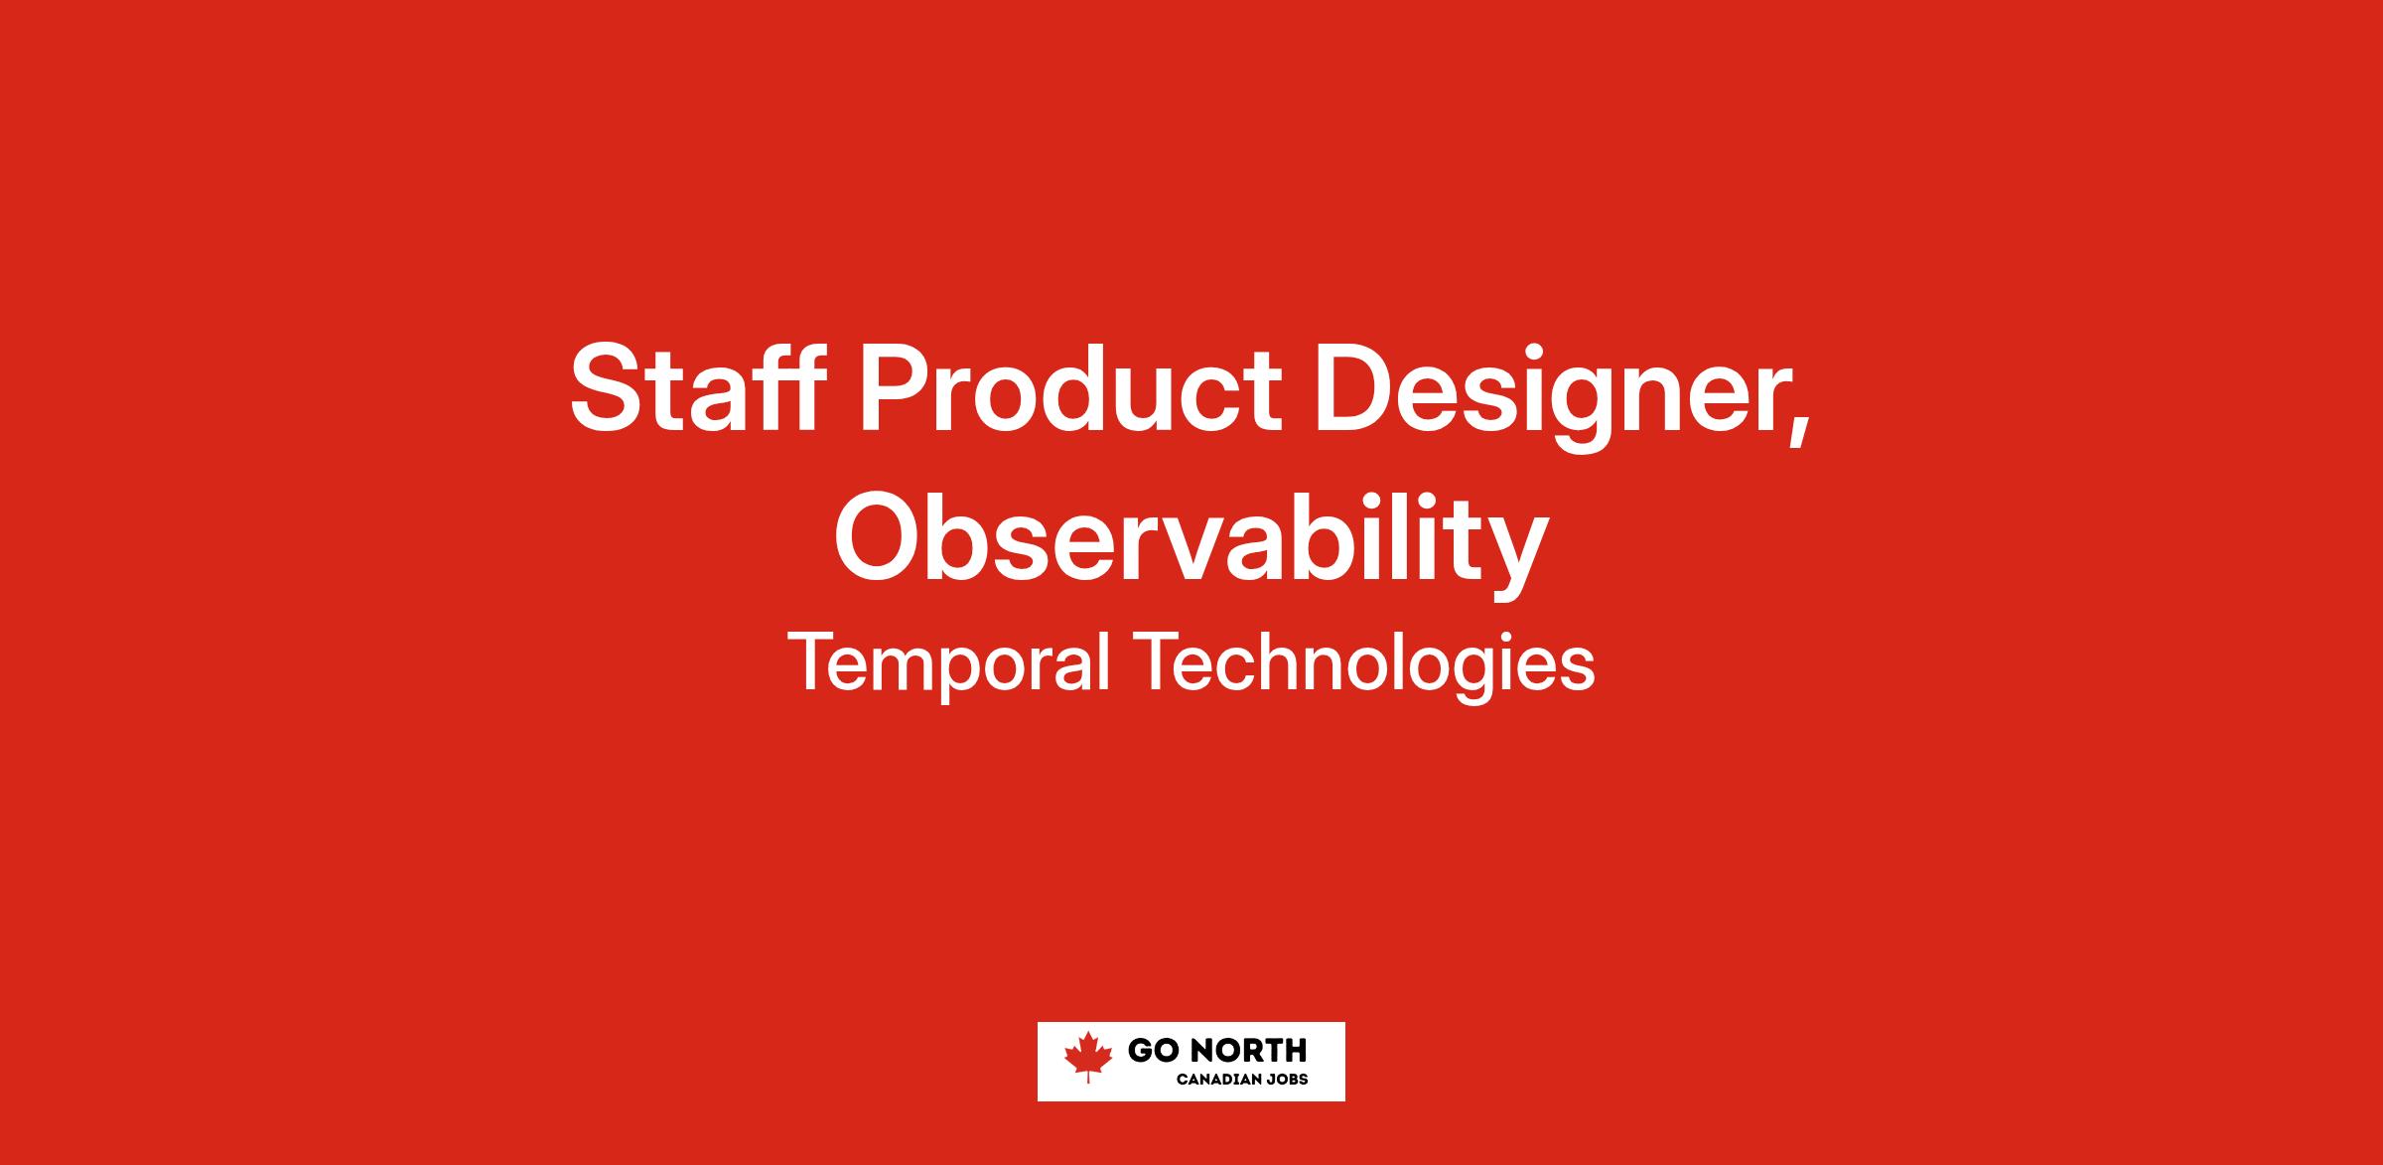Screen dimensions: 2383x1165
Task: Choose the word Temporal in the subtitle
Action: pyautogui.click(x=948, y=662)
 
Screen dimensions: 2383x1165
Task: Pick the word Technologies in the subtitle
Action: pyautogui.click(x=1369, y=664)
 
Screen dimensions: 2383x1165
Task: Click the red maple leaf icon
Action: pyautogui.click(x=1088, y=1057)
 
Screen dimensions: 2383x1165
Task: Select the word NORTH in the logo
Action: pyautogui.click(x=1247, y=1051)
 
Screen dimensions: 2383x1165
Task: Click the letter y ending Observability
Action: pyautogui.click(x=1513, y=556)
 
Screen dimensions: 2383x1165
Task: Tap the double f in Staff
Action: pyautogui.click(x=785, y=386)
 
